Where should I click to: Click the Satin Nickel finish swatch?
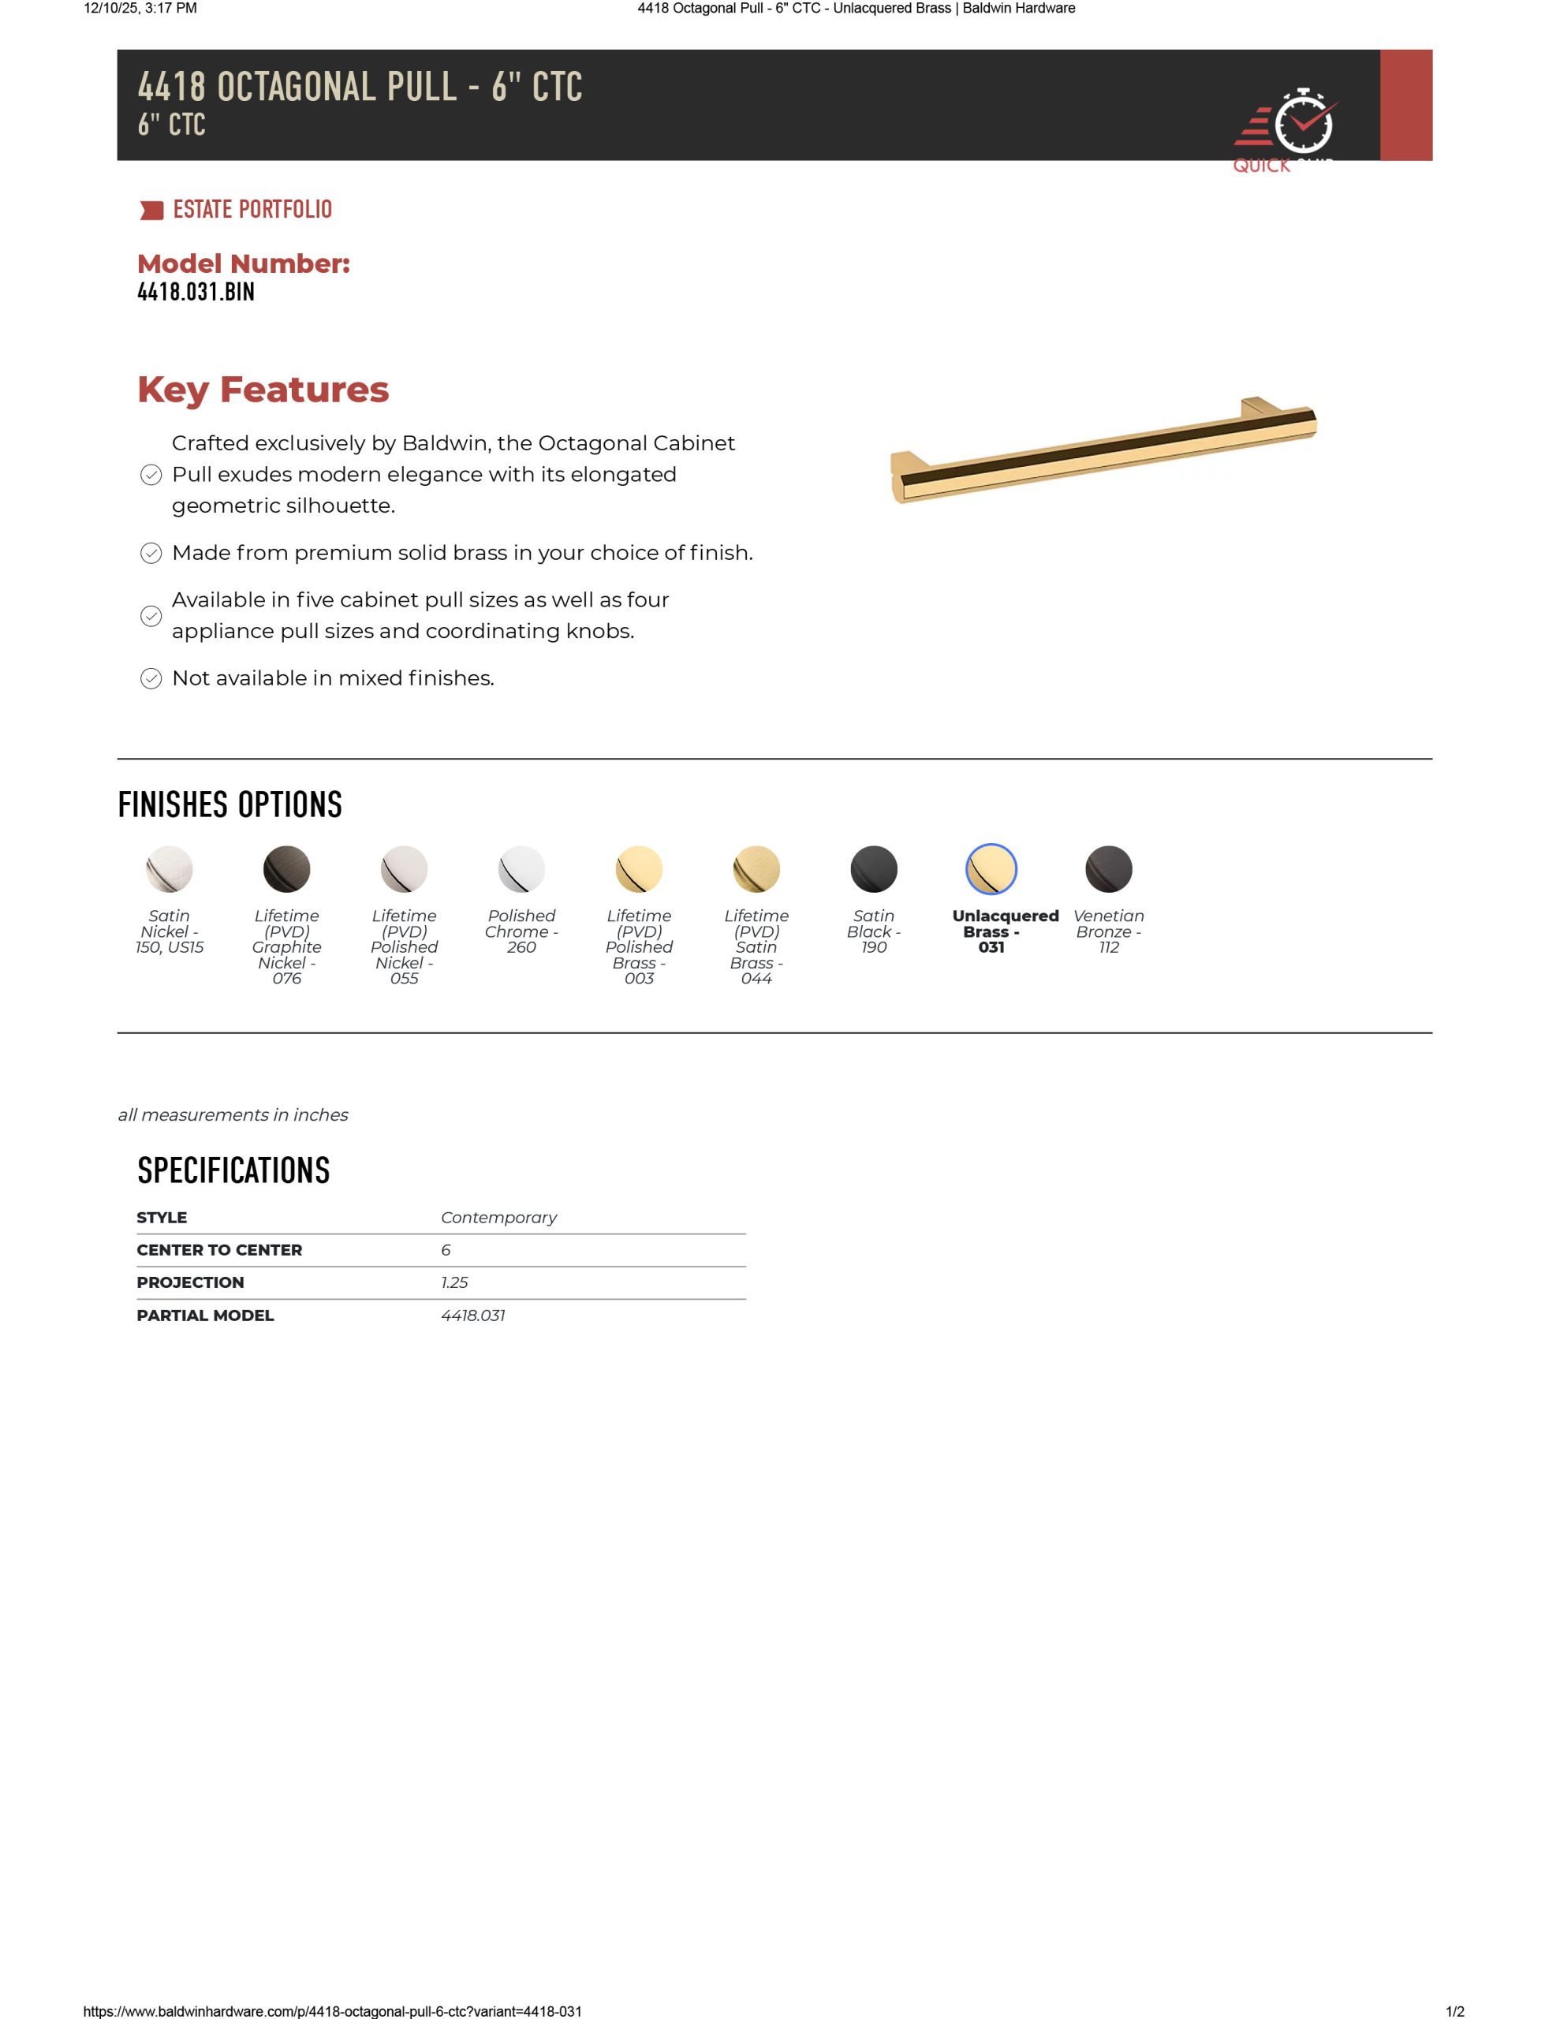coord(170,869)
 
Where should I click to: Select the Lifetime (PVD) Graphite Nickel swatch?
coord(286,869)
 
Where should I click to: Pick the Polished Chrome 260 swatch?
coord(521,869)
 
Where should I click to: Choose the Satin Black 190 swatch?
coord(874,869)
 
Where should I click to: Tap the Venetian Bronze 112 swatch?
coord(1109,869)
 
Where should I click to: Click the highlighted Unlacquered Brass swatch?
coord(991,869)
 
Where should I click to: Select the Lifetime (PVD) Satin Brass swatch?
coord(756,869)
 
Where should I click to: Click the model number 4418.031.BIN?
coord(196,292)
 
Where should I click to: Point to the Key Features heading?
coord(263,389)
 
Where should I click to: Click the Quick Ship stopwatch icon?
coord(1303,122)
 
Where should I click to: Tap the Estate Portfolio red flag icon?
coord(151,211)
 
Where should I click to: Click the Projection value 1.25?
coord(454,1282)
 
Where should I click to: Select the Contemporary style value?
coord(498,1218)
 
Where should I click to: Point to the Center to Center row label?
coord(219,1250)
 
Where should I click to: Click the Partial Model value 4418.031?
coord(472,1316)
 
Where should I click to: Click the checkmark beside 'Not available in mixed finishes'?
coord(151,678)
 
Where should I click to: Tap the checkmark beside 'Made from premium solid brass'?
coord(151,553)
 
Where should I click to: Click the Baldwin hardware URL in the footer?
coord(333,2010)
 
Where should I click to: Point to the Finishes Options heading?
coord(230,805)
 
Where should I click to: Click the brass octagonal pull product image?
coord(1103,450)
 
